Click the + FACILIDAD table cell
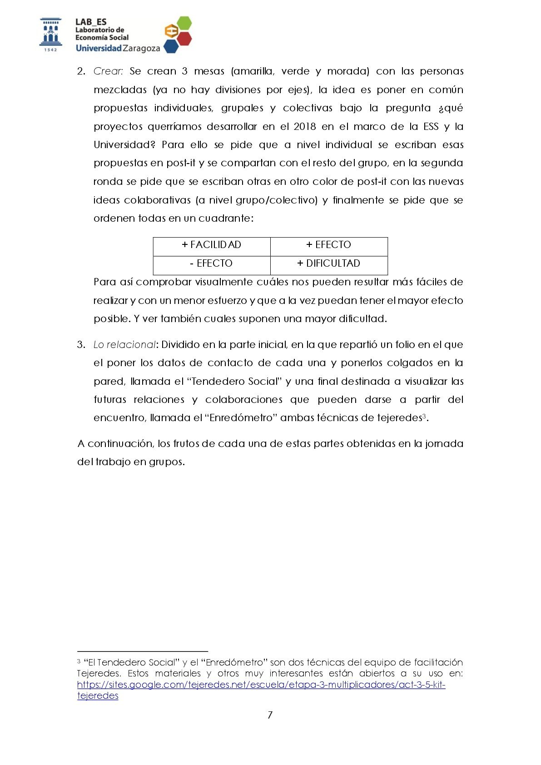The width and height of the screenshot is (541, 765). point(211,245)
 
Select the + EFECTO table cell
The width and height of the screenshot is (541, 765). point(328,245)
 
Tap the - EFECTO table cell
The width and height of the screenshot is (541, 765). point(211,263)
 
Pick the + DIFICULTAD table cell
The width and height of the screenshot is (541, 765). point(328,263)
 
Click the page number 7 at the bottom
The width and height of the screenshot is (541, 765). point(270,715)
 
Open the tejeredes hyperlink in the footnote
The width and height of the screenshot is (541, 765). point(261,685)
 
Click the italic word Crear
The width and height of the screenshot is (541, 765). point(108,71)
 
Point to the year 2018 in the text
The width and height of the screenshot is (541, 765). point(304,126)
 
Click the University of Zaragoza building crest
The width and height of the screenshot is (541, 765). point(50,33)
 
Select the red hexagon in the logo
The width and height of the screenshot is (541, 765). point(184,38)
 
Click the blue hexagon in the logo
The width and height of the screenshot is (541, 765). point(171,46)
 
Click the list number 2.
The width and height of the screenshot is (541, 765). point(81,71)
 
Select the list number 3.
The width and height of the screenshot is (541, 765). point(81,345)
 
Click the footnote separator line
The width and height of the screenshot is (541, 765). point(142,651)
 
